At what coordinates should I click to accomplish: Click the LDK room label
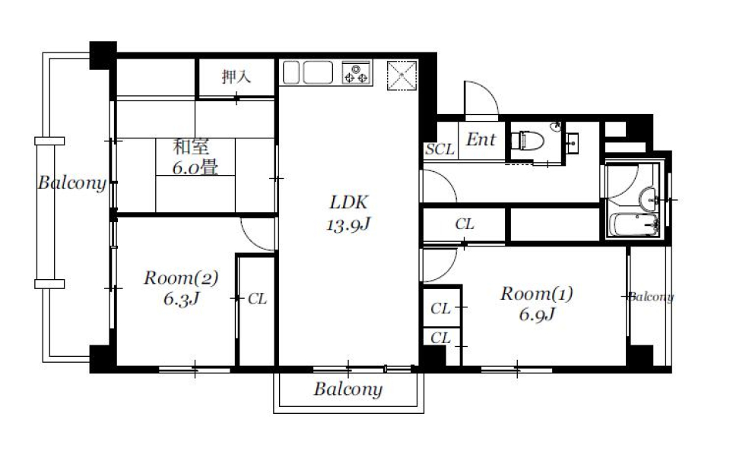point(348,202)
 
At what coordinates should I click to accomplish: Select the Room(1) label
point(535,294)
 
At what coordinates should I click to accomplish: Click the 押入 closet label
point(236,77)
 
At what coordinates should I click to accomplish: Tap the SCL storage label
point(440,149)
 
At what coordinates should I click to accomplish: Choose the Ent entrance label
point(481,140)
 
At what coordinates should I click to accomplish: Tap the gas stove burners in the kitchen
point(355,73)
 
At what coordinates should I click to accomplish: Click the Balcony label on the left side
point(72,183)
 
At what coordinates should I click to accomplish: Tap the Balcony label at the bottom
point(348,390)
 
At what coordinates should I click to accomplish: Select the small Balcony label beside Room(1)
point(651,297)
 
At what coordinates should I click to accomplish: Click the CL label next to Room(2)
point(258,299)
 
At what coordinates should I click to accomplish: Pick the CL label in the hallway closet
point(465,224)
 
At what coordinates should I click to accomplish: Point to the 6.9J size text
point(535,315)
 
